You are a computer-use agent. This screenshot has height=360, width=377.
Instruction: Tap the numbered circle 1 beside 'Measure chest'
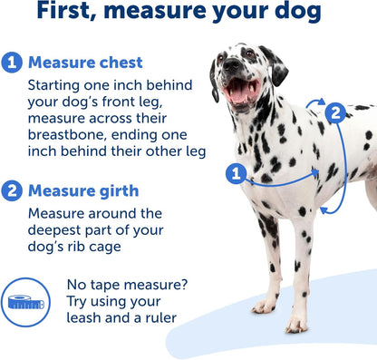click(13, 63)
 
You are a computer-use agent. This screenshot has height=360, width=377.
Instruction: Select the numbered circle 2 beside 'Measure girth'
click(13, 190)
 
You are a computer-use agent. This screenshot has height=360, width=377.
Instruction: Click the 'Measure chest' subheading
click(85, 63)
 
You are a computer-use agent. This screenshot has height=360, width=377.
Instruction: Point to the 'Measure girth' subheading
click(82, 190)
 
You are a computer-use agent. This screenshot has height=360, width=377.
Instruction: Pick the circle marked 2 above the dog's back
click(336, 112)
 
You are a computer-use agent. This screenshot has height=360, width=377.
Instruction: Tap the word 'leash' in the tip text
click(90, 317)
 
